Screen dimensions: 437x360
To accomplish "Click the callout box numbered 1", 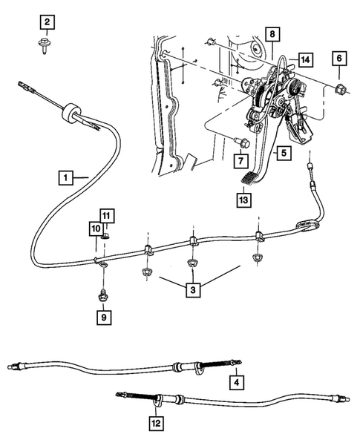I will tap(66, 177).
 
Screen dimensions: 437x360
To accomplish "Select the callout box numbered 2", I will tap(47, 23).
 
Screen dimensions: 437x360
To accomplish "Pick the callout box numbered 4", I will tap(237, 383).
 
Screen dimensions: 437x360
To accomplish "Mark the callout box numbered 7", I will tap(241, 160).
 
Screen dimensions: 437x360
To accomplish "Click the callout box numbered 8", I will tap(272, 34).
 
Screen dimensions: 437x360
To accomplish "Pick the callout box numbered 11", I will tap(107, 216).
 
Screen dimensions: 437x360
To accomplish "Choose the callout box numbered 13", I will tap(243, 200).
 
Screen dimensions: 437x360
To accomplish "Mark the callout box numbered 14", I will tap(305, 59).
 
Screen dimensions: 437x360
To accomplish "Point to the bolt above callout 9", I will tap(102, 295).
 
